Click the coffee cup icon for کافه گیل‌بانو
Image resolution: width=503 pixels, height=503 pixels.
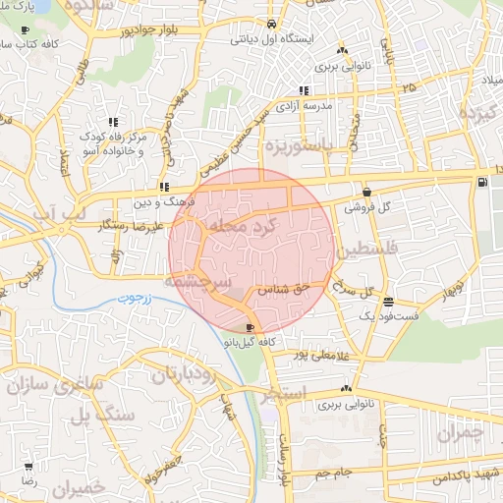tap(250, 329)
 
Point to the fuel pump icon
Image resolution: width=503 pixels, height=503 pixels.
tap(480, 182)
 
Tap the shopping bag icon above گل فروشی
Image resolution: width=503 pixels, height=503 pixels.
tap(366, 193)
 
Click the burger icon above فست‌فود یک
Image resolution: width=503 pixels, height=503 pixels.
tap(390, 304)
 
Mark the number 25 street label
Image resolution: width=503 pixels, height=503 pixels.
tap(408, 88)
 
